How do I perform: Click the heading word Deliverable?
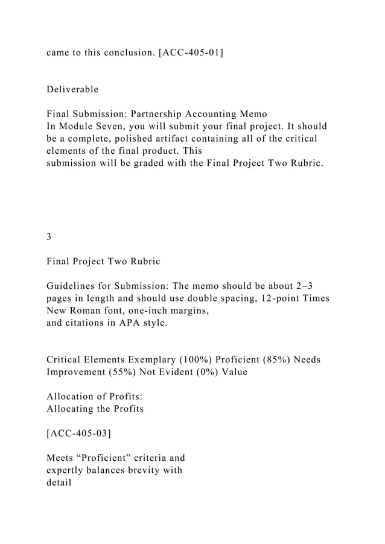pos(72,90)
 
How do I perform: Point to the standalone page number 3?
pos(49,237)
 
